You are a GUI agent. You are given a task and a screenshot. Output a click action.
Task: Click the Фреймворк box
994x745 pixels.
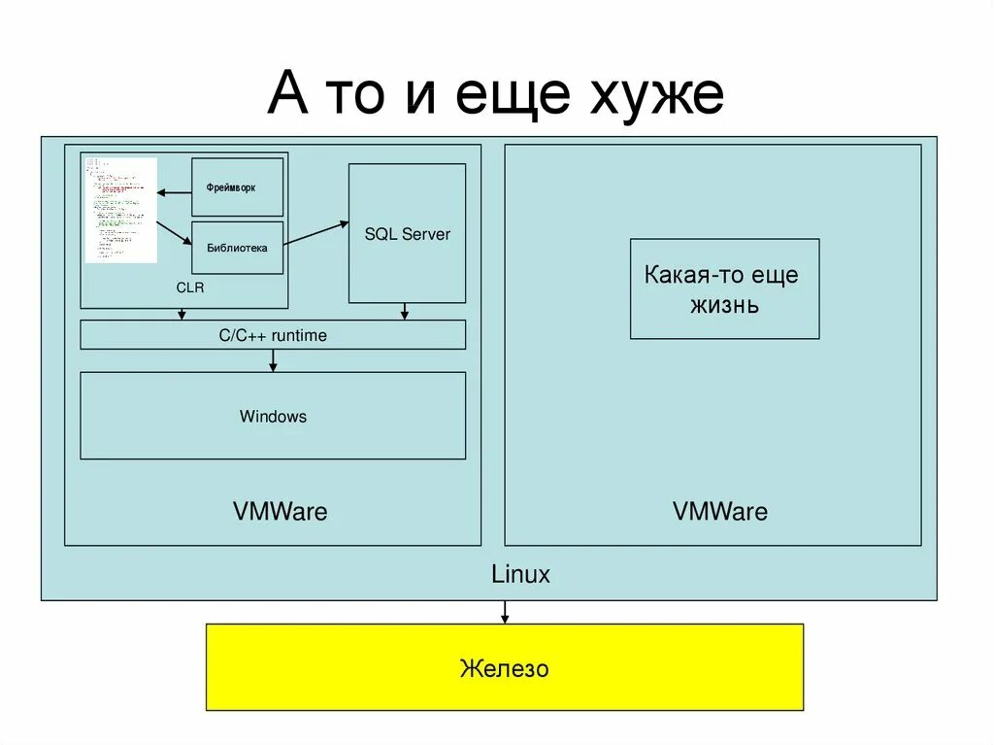(237, 186)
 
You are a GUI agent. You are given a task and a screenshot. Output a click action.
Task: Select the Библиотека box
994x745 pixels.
(237, 248)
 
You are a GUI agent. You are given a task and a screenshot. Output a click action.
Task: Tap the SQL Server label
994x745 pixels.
(408, 234)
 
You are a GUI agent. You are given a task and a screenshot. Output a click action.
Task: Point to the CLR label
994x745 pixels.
(190, 288)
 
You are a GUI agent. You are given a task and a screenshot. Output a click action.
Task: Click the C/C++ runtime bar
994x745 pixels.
(272, 335)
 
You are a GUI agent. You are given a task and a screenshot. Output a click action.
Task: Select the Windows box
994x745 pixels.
(273, 416)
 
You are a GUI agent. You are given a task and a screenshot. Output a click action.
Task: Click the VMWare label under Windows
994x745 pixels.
(280, 511)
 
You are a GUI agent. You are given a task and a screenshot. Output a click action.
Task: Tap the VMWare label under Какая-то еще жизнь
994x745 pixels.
(719, 511)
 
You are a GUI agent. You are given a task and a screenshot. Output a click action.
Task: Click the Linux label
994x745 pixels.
(520, 574)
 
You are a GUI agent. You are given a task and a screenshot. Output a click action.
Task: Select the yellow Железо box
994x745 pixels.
(504, 667)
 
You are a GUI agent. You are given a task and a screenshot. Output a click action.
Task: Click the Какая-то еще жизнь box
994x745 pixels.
(724, 288)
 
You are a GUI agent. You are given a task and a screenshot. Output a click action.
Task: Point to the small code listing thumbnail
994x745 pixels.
(121, 210)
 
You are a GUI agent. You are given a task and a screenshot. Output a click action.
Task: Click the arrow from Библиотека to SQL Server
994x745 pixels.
(316, 233)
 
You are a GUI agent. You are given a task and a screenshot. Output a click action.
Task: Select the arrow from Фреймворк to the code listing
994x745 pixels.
(175, 192)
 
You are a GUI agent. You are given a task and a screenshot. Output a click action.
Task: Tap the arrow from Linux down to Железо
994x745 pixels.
(504, 612)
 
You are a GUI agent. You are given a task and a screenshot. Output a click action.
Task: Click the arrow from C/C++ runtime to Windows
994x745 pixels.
(273, 360)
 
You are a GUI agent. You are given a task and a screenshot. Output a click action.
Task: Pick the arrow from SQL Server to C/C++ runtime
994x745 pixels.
(405, 311)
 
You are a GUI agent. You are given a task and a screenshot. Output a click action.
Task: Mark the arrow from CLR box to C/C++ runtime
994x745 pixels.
(182, 314)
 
